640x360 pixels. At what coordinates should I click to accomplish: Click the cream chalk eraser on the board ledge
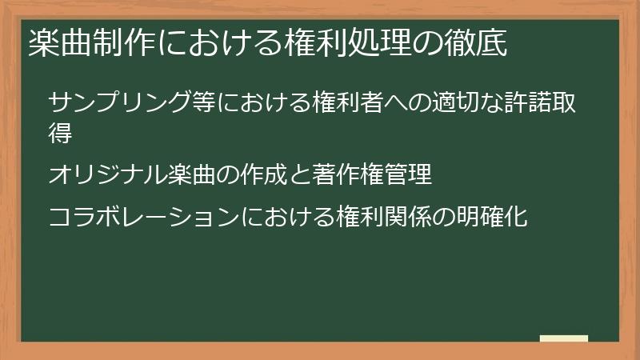[x=563, y=338]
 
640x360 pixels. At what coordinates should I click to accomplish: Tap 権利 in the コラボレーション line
[x=362, y=216]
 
